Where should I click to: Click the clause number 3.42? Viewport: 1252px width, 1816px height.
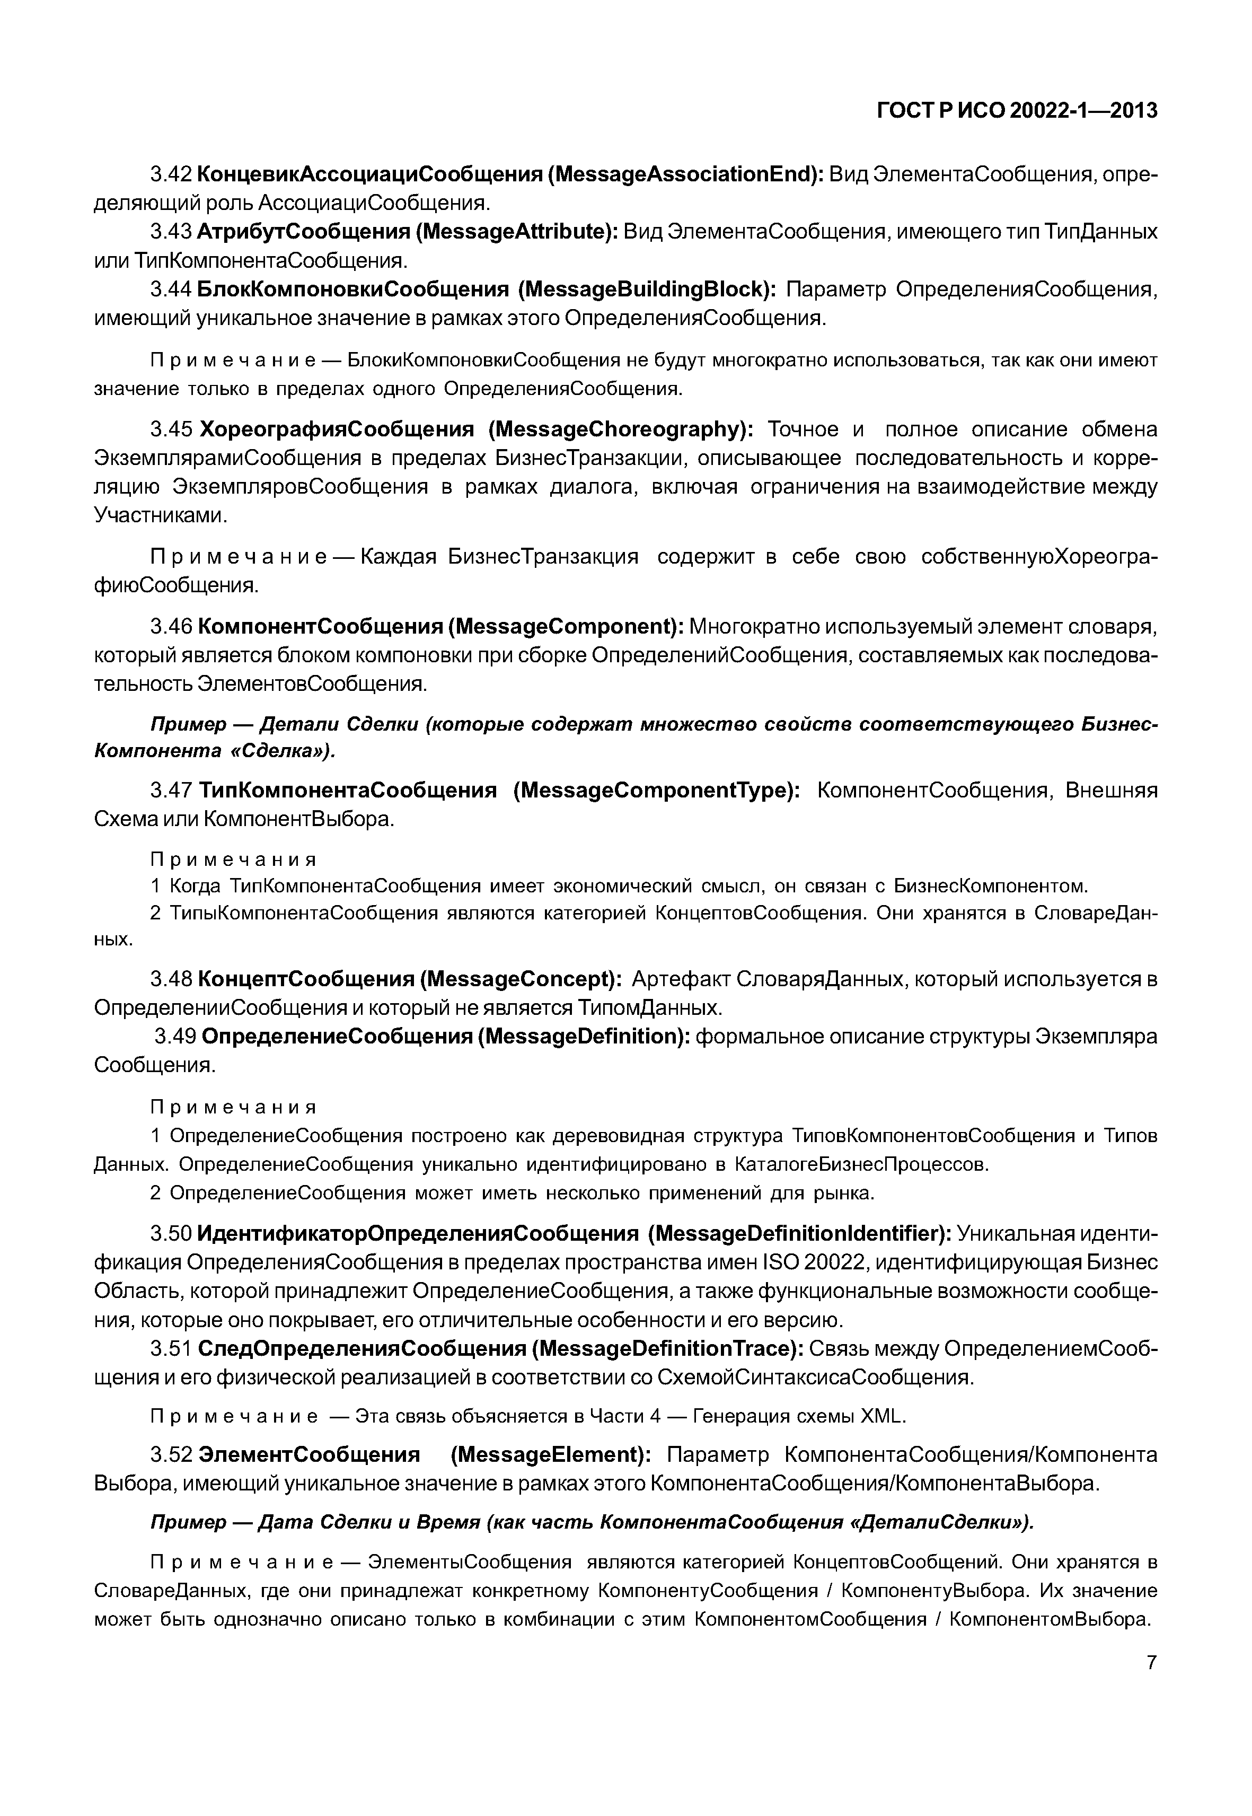tap(171, 174)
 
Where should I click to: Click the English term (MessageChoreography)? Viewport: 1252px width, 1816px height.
tap(620, 429)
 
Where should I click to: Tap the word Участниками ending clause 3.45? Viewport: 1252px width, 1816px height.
tap(161, 515)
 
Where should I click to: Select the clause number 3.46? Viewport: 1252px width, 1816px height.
tap(171, 627)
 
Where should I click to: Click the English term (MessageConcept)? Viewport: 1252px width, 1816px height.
tap(522, 979)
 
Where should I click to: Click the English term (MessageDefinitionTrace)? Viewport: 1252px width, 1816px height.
tap(667, 1348)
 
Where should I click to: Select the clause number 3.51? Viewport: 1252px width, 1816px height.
tap(171, 1348)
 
